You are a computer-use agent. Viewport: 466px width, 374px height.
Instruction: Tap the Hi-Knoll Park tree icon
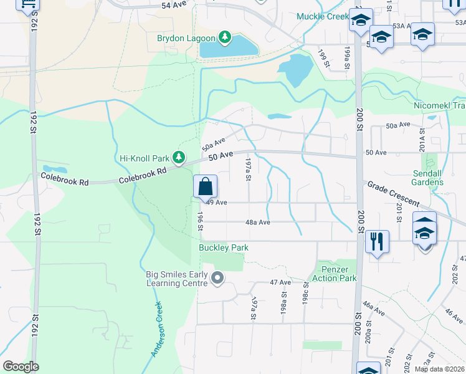tap(179, 156)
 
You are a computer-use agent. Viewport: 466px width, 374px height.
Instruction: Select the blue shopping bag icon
tap(206, 186)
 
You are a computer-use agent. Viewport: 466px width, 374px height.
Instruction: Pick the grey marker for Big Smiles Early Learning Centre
tap(217, 277)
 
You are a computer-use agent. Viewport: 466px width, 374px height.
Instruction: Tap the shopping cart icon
tap(27, 5)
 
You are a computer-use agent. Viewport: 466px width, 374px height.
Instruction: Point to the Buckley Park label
tap(224, 248)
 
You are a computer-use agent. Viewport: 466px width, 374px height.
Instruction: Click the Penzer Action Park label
tap(336, 273)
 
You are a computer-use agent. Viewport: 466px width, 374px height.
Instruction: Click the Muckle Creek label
tap(322, 16)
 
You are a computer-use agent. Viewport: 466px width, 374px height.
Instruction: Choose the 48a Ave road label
tap(257, 222)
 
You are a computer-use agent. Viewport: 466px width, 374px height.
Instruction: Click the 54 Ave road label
tap(174, 5)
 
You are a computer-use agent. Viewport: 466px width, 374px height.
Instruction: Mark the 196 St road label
tap(201, 221)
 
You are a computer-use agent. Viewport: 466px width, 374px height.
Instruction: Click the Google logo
tap(21, 367)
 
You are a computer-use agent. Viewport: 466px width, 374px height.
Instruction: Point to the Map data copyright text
tap(439, 369)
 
